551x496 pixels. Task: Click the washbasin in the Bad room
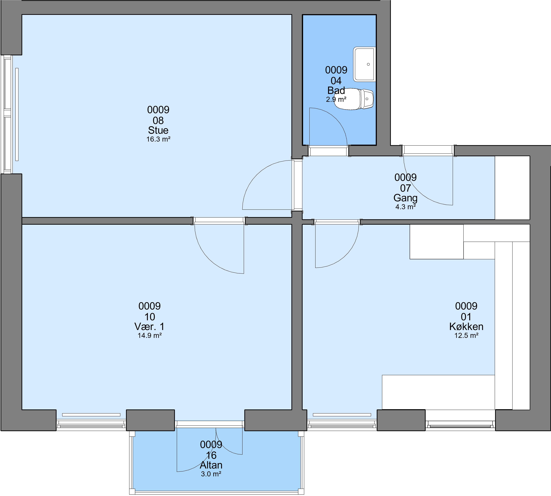(364, 64)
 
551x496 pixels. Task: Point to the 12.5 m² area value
(466, 336)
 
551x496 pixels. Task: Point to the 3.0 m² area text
(211, 474)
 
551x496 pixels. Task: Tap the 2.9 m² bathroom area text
(336, 99)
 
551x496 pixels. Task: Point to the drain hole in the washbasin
(368, 64)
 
